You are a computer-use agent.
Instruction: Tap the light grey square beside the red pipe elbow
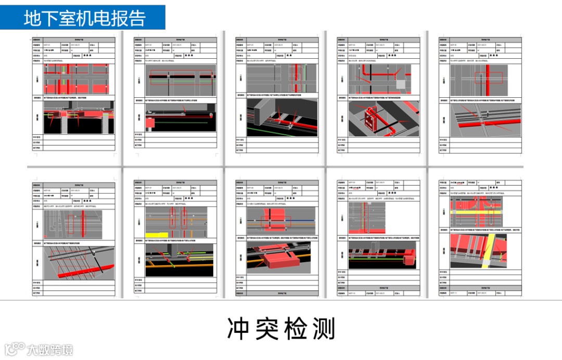[401, 84]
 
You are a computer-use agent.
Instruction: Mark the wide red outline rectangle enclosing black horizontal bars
[181, 78]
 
